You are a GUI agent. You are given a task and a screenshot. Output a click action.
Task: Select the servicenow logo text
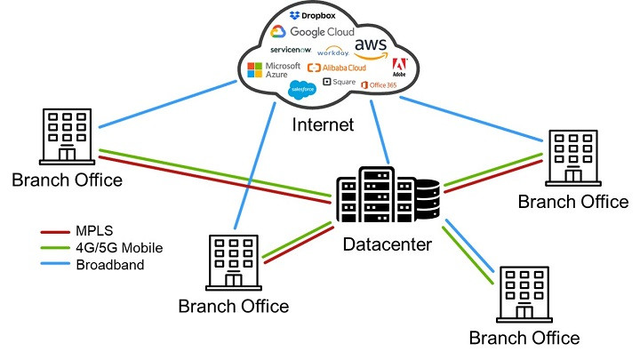[291, 50]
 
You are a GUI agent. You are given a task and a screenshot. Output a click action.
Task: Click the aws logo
[372, 46]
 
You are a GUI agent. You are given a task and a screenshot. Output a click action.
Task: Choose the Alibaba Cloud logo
[336, 68]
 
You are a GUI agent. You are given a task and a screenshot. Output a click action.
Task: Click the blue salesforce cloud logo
[302, 88]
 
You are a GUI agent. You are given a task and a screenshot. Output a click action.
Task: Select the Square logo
[339, 83]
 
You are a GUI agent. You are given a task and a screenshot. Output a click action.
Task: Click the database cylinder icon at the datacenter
[428, 200]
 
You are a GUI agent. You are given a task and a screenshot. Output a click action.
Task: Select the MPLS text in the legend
[94, 230]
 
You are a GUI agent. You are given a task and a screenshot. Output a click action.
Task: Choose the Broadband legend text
[110, 264]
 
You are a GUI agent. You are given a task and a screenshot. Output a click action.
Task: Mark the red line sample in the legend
[55, 230]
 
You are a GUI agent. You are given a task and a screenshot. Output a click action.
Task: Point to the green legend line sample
[55, 247]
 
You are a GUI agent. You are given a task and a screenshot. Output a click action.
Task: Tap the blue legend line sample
[55, 264]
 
